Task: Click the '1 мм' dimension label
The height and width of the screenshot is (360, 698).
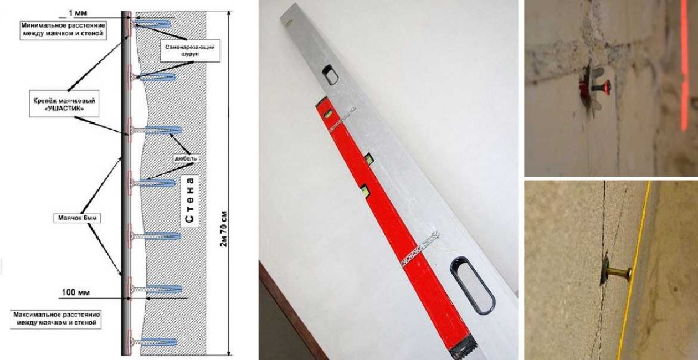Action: (78, 13)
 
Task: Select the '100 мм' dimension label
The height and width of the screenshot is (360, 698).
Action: (76, 292)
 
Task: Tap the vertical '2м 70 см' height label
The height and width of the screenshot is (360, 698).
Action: (223, 229)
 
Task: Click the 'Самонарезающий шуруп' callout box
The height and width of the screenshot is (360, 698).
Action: (190, 50)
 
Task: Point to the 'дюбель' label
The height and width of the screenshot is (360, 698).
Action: (186, 158)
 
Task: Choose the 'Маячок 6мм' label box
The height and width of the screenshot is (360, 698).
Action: (76, 218)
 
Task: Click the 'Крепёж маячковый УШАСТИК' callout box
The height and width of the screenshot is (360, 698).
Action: (64, 104)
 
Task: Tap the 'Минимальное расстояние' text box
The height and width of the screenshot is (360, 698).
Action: (63, 30)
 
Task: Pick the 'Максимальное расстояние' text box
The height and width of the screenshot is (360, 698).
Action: (57, 319)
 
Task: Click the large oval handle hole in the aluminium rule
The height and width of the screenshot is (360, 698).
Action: (473, 285)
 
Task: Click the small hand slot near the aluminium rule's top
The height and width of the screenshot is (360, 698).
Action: (330, 75)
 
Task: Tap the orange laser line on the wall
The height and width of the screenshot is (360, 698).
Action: (684, 65)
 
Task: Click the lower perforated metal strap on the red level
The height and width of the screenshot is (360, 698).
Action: (420, 249)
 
